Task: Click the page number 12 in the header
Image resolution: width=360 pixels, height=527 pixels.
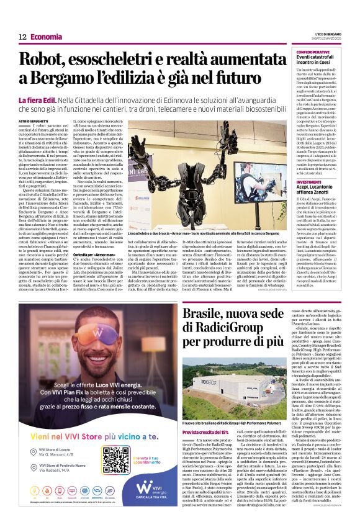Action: (22, 37)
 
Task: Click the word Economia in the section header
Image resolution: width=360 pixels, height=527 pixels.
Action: (46, 37)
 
